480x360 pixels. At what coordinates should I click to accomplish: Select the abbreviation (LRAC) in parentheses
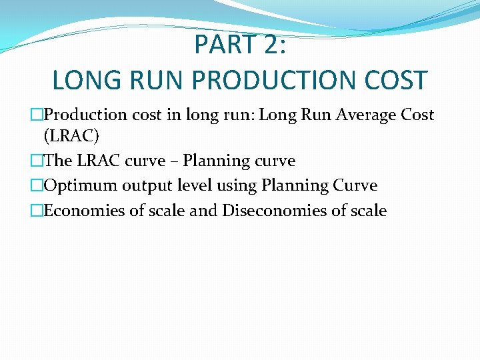pyautogui.click(x=71, y=137)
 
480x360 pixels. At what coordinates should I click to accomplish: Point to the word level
pyautogui.click(x=187, y=185)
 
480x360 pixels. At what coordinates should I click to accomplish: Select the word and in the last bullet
pyautogui.click(x=204, y=211)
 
